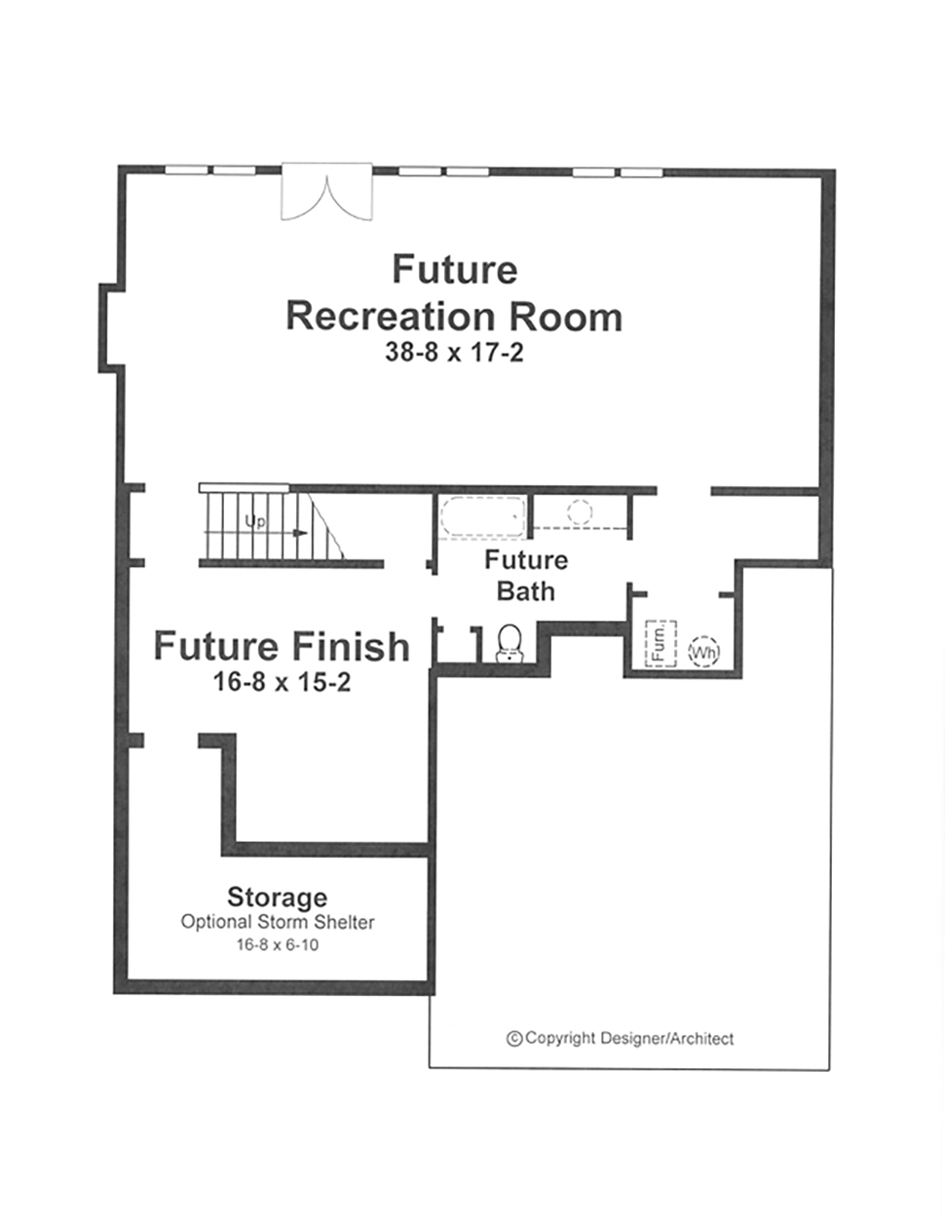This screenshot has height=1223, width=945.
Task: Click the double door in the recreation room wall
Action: [326, 191]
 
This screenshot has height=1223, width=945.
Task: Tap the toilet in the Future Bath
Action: [510, 643]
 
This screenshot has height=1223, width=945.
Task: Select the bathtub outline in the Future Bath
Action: [482, 516]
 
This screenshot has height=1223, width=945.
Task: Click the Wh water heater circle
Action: [704, 652]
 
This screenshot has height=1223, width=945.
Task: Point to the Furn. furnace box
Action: [661, 643]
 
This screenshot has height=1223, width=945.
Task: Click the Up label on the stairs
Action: [255, 521]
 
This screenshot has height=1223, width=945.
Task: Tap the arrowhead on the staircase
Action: [301, 532]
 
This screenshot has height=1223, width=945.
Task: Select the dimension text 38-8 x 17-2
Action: [454, 353]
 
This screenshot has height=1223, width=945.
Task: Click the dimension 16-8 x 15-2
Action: [282, 682]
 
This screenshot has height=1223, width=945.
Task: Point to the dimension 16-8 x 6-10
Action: [278, 944]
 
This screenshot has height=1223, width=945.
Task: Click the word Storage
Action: [278, 898]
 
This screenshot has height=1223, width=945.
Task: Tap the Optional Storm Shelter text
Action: [278, 922]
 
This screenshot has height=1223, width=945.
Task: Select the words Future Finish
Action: [282, 645]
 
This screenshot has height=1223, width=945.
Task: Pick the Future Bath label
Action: [526, 576]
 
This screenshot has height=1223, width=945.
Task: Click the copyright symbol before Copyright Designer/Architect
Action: [514, 1039]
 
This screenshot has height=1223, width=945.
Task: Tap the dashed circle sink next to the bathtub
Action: [580, 512]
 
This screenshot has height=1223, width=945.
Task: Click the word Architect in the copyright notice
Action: [702, 1039]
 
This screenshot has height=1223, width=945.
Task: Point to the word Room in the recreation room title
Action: [566, 317]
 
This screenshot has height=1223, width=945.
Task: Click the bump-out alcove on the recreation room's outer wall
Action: [111, 328]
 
